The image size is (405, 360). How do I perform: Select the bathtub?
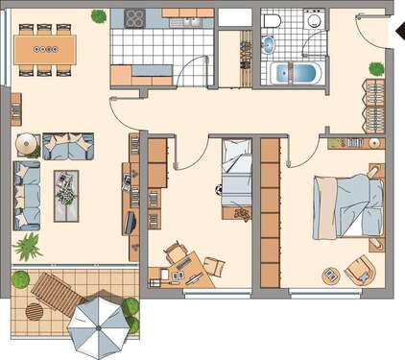click(x=295, y=73)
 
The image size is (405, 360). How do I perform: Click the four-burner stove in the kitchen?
click(x=133, y=19)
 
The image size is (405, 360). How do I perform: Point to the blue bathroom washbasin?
click(x=267, y=44)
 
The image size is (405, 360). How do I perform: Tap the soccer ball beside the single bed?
click(x=220, y=189)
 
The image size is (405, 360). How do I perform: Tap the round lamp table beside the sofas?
click(x=27, y=145)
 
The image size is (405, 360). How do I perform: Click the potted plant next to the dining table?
click(x=99, y=15)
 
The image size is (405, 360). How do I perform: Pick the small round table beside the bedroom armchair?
click(x=330, y=274)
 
